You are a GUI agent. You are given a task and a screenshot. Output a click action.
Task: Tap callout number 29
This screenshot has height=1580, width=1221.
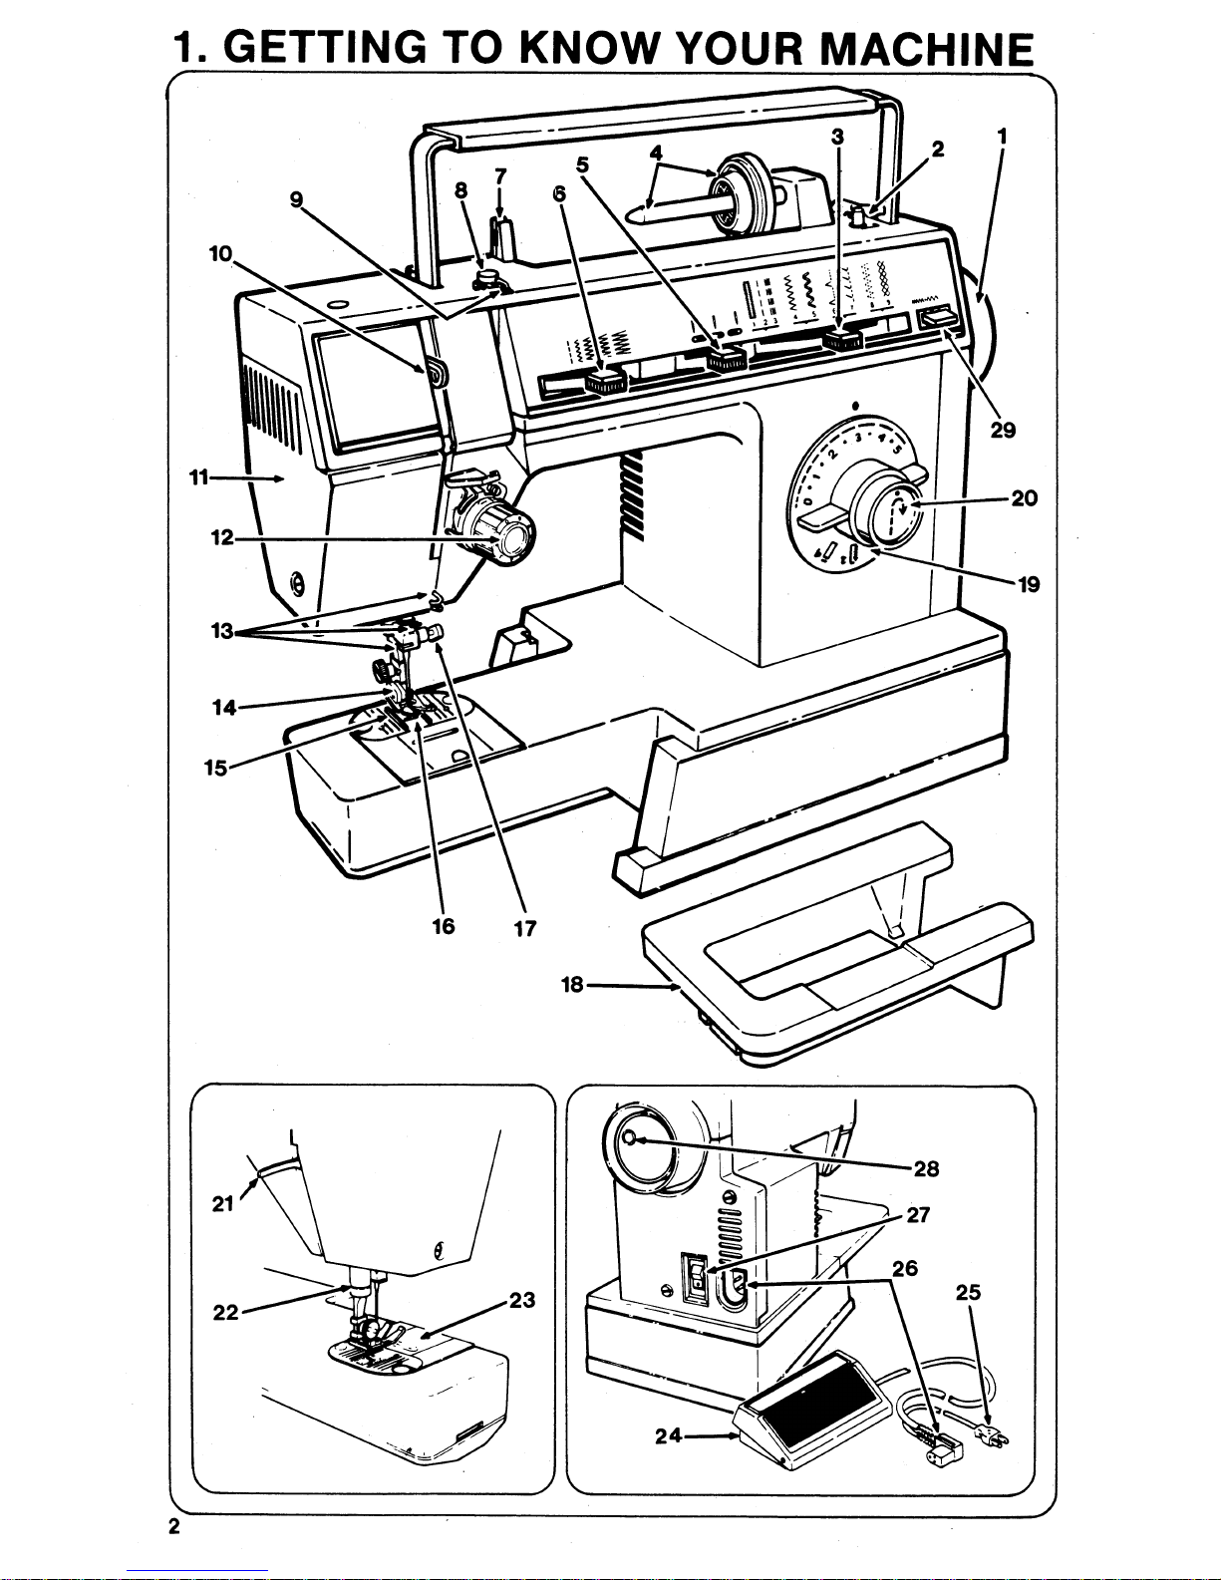(1003, 431)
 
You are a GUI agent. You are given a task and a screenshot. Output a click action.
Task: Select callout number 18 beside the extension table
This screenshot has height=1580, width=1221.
(572, 985)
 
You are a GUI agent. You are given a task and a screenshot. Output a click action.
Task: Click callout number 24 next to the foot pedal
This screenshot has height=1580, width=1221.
(668, 1436)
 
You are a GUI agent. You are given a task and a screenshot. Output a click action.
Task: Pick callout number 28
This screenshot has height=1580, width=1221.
(926, 1168)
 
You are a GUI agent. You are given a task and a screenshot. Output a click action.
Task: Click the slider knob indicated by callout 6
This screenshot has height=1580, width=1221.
(604, 381)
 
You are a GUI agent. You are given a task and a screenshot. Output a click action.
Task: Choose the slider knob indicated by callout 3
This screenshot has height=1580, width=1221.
(843, 342)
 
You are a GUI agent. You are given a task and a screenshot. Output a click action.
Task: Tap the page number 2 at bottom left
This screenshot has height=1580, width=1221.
(173, 1530)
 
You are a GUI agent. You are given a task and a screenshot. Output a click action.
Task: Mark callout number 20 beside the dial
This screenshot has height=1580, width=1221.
(1024, 497)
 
